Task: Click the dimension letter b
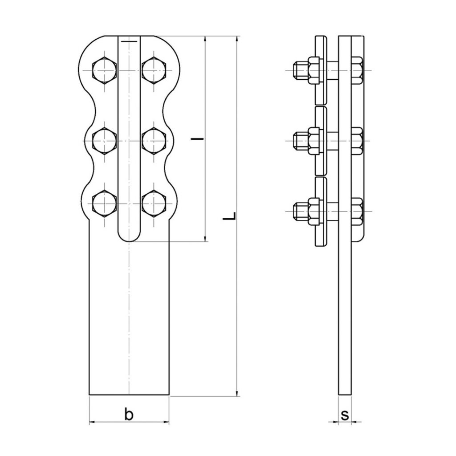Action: click(x=129, y=414)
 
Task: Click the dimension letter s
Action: click(x=345, y=415)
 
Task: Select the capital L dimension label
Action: click(x=229, y=216)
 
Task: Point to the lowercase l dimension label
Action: click(x=197, y=139)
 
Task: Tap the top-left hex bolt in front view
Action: click(x=104, y=70)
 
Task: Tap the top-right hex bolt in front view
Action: click(x=154, y=70)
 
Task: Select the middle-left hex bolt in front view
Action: click(x=104, y=141)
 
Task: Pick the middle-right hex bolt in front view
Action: click(x=154, y=141)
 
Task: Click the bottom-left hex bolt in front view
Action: click(x=104, y=204)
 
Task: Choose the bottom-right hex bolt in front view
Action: click(x=154, y=204)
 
